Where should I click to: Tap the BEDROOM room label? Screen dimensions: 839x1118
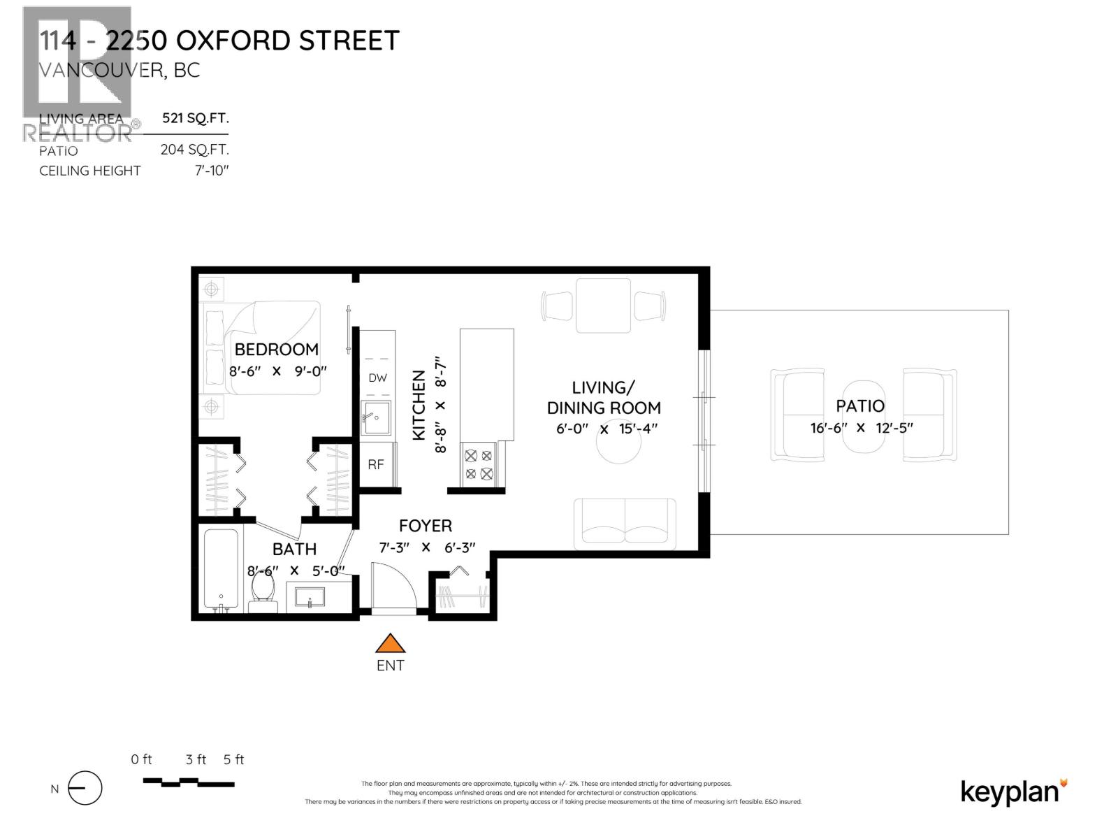[x=276, y=349]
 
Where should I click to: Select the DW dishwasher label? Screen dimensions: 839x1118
[x=377, y=378]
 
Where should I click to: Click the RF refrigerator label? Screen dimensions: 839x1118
[x=376, y=464]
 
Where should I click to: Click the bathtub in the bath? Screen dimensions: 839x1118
[x=222, y=570]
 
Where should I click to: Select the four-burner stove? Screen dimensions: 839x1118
[x=479, y=464]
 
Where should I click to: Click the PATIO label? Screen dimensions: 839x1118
[x=860, y=406]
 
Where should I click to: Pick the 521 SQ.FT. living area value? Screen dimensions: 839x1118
[x=195, y=118]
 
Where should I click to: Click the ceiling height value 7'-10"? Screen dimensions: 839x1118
[x=212, y=171]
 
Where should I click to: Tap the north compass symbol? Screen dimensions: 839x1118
[x=85, y=789]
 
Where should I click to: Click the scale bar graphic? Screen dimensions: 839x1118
[x=189, y=781]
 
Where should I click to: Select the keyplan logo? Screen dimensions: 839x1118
[x=1014, y=791]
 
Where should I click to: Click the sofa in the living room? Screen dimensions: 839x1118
[x=625, y=522]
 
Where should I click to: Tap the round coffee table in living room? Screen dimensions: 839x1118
[x=618, y=446]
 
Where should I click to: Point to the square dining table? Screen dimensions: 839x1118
[x=603, y=306]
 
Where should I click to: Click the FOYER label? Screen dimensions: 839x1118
[x=425, y=526]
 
